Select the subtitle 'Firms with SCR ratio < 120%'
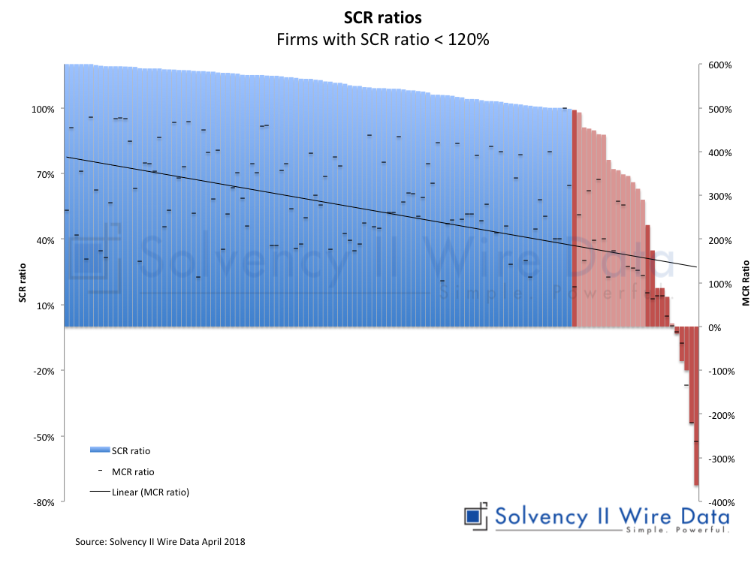[383, 41]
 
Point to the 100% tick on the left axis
[43, 109]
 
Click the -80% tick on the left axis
[44, 502]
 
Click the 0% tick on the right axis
[716, 328]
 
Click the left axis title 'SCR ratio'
[23, 281]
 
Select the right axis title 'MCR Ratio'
[745, 284]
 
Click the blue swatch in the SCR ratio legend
[99, 450]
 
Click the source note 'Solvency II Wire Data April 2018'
[160, 541]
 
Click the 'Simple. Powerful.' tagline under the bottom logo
[676, 530]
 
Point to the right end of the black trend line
[696, 266]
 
